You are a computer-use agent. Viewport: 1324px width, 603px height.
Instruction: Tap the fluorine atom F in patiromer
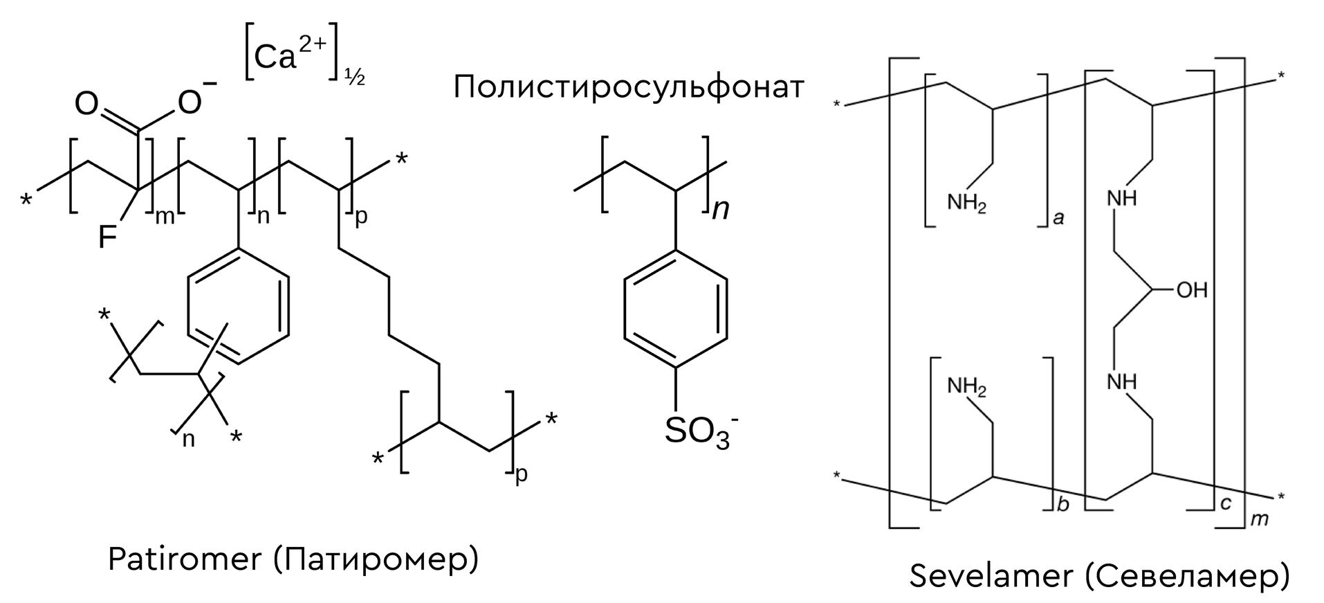(108, 237)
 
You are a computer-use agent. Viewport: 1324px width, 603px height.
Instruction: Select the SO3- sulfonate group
(700, 432)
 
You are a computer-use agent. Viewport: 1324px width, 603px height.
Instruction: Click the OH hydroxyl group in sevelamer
(1191, 289)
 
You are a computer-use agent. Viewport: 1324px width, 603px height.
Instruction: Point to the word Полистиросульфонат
(629, 88)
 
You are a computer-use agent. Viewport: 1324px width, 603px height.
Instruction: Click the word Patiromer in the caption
(185, 559)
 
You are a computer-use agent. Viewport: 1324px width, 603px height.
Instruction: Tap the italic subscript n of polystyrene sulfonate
(721, 208)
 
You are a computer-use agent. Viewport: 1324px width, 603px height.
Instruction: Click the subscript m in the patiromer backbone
(165, 217)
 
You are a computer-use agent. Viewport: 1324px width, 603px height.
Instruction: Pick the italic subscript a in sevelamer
(1058, 219)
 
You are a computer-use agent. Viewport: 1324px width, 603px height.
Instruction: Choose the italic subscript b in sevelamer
(1063, 504)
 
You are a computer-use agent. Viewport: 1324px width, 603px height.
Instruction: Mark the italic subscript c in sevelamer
(1226, 503)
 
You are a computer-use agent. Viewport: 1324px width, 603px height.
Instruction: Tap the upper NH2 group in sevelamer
(966, 204)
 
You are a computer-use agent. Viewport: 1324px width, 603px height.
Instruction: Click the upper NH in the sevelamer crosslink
(1121, 198)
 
